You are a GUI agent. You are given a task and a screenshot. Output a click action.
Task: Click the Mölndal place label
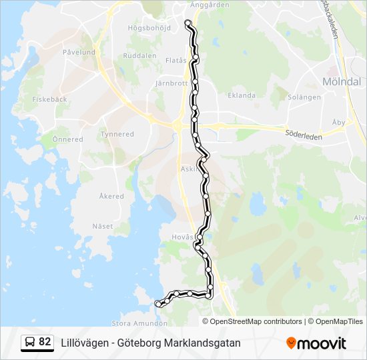click(x=341, y=81)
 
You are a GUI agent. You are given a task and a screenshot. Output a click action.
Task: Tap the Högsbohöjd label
click(x=149, y=28)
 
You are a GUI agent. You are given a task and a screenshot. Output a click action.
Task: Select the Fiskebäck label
click(x=49, y=99)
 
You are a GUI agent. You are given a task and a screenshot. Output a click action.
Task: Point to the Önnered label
click(x=67, y=139)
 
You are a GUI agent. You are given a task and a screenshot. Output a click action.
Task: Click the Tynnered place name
click(x=117, y=134)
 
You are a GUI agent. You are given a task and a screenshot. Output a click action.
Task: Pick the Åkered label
click(x=111, y=197)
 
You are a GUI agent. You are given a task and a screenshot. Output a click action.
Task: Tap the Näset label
click(x=103, y=226)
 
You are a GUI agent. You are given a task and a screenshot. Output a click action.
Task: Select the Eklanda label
click(x=242, y=95)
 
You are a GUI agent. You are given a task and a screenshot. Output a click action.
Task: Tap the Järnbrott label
click(x=171, y=84)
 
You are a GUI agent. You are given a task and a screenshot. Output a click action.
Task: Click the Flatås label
click(x=175, y=59)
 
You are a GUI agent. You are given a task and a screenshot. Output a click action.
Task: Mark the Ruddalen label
click(x=138, y=56)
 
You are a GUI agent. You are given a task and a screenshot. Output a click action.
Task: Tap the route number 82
click(x=45, y=342)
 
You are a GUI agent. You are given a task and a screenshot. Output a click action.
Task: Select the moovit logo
click(x=316, y=343)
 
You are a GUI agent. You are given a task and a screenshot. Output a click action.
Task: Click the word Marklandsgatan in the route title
click(x=204, y=343)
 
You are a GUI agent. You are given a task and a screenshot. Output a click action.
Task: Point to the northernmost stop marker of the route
click(x=188, y=23)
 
